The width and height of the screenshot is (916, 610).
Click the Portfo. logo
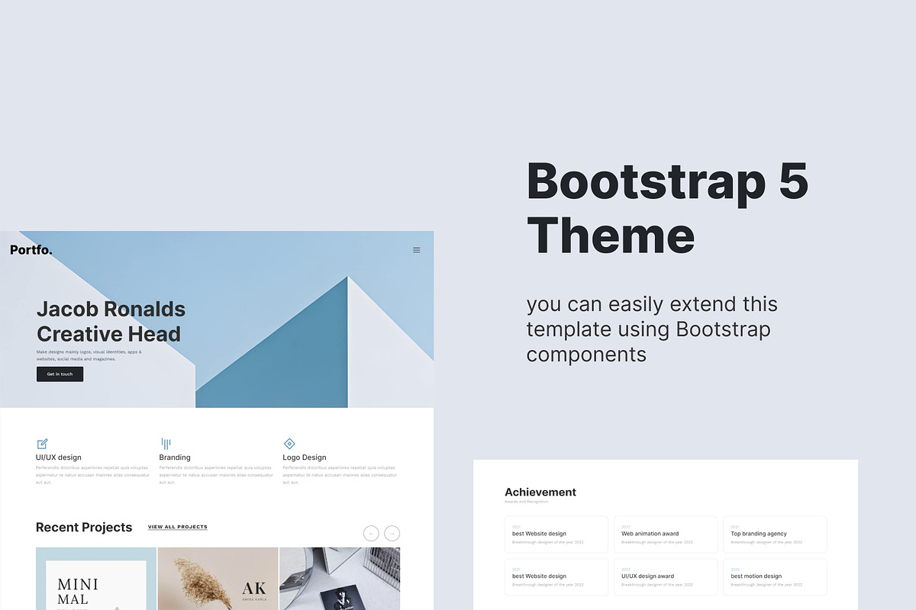(31, 250)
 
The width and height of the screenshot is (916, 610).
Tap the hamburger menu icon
(416, 250)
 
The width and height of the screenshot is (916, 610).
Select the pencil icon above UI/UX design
(43, 444)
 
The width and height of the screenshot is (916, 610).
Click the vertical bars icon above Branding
(166, 444)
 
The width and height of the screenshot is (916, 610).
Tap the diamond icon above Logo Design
(289, 444)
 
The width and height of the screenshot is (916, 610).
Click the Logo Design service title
(304, 457)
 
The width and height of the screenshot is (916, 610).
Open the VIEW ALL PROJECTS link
(178, 527)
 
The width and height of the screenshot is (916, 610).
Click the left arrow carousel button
(371, 534)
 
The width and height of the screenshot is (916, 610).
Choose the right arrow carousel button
(392, 534)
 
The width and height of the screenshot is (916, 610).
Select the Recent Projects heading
(84, 528)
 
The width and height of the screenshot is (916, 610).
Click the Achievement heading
(540, 493)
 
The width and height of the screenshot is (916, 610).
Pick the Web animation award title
(650, 534)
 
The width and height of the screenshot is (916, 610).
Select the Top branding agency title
(759, 534)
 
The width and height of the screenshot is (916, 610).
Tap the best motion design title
(756, 576)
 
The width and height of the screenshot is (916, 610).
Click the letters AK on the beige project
(254, 589)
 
